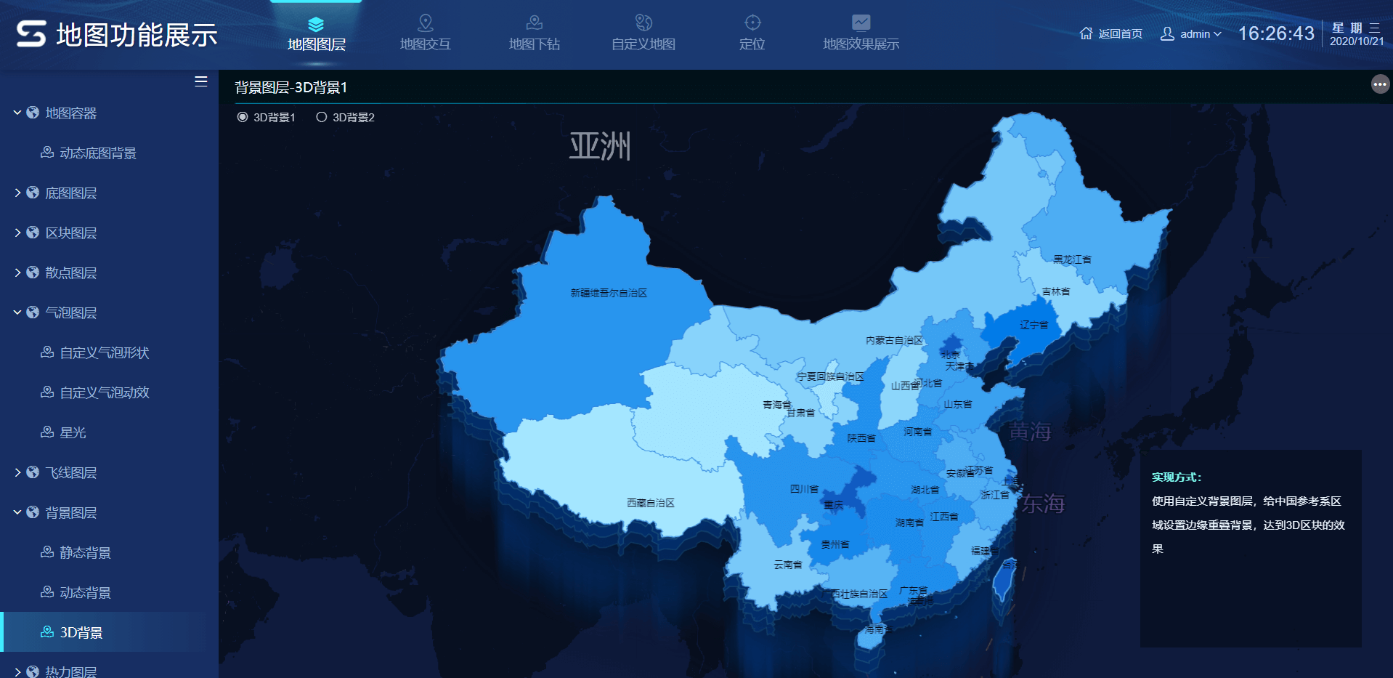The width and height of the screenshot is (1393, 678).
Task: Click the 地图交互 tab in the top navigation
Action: click(x=426, y=33)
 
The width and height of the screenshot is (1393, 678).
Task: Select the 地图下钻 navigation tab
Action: click(x=535, y=33)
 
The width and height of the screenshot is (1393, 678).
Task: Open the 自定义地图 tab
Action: click(x=643, y=33)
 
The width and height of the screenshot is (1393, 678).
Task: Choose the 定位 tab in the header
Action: click(x=752, y=33)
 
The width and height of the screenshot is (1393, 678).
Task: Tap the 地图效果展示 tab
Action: click(x=861, y=33)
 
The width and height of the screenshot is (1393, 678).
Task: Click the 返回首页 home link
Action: click(x=1111, y=33)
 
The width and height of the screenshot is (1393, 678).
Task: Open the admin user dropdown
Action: click(x=1191, y=33)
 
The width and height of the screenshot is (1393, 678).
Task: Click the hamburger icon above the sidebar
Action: click(x=201, y=81)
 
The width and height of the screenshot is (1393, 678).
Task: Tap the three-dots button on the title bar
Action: click(x=1380, y=85)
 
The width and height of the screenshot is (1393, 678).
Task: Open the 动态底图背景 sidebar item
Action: click(x=97, y=153)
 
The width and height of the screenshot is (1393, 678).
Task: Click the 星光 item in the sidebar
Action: click(x=73, y=433)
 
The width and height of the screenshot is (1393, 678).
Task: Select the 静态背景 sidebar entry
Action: click(x=85, y=553)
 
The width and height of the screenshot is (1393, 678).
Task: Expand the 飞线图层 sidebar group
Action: click(x=70, y=473)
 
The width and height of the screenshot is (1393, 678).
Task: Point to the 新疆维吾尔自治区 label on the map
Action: click(x=609, y=293)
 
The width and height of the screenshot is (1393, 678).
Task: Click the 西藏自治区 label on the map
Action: click(x=651, y=503)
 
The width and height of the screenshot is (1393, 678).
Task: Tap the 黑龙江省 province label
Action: click(x=1072, y=259)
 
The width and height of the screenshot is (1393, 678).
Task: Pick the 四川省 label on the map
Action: click(x=804, y=489)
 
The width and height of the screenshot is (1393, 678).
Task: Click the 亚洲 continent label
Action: click(x=600, y=146)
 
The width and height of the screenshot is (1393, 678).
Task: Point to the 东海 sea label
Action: click(x=1043, y=504)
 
